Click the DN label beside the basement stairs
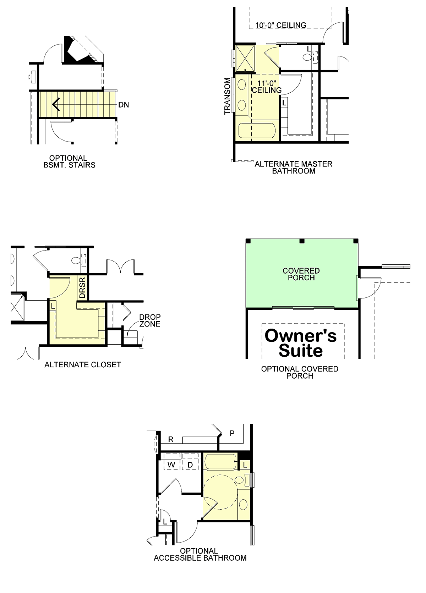pyautogui.click(x=124, y=105)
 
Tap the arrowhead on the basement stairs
pyautogui.click(x=56, y=104)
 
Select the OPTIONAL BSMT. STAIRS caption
pyautogui.click(x=69, y=161)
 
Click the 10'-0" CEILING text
pyautogui.click(x=281, y=26)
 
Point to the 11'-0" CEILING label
pyautogui.click(x=267, y=87)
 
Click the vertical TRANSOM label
pyautogui.click(x=227, y=96)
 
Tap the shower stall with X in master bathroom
pyautogui.click(x=245, y=58)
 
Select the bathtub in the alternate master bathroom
pyautogui.click(x=257, y=131)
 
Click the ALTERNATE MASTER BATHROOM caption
pyautogui.click(x=293, y=168)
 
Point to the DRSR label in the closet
pyautogui.click(x=82, y=287)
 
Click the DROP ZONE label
pyautogui.click(x=150, y=320)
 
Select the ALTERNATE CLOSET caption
pyautogui.click(x=83, y=364)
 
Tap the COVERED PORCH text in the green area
pyautogui.click(x=301, y=274)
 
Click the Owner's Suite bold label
pyautogui.click(x=301, y=343)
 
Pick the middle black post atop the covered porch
pyautogui.click(x=302, y=241)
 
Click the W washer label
pyautogui.click(x=171, y=465)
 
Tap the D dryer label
pyautogui.click(x=190, y=465)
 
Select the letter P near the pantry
pyautogui.click(x=232, y=433)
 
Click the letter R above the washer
pyautogui.click(x=171, y=439)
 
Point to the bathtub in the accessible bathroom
pyautogui.click(x=220, y=462)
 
